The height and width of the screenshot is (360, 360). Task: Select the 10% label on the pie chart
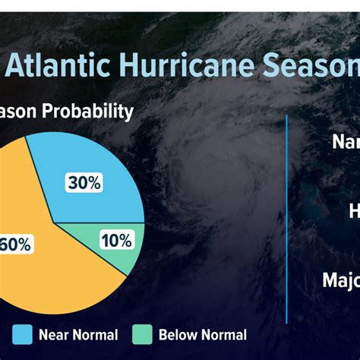pos(115,241)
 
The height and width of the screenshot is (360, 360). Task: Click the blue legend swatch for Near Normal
pos(21,334)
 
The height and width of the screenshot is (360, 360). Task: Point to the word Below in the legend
pos(179,334)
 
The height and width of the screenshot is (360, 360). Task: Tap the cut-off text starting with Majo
pos(340,280)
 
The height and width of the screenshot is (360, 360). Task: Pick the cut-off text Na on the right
pos(346,142)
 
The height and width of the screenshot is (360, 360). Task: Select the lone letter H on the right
pos(353,211)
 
